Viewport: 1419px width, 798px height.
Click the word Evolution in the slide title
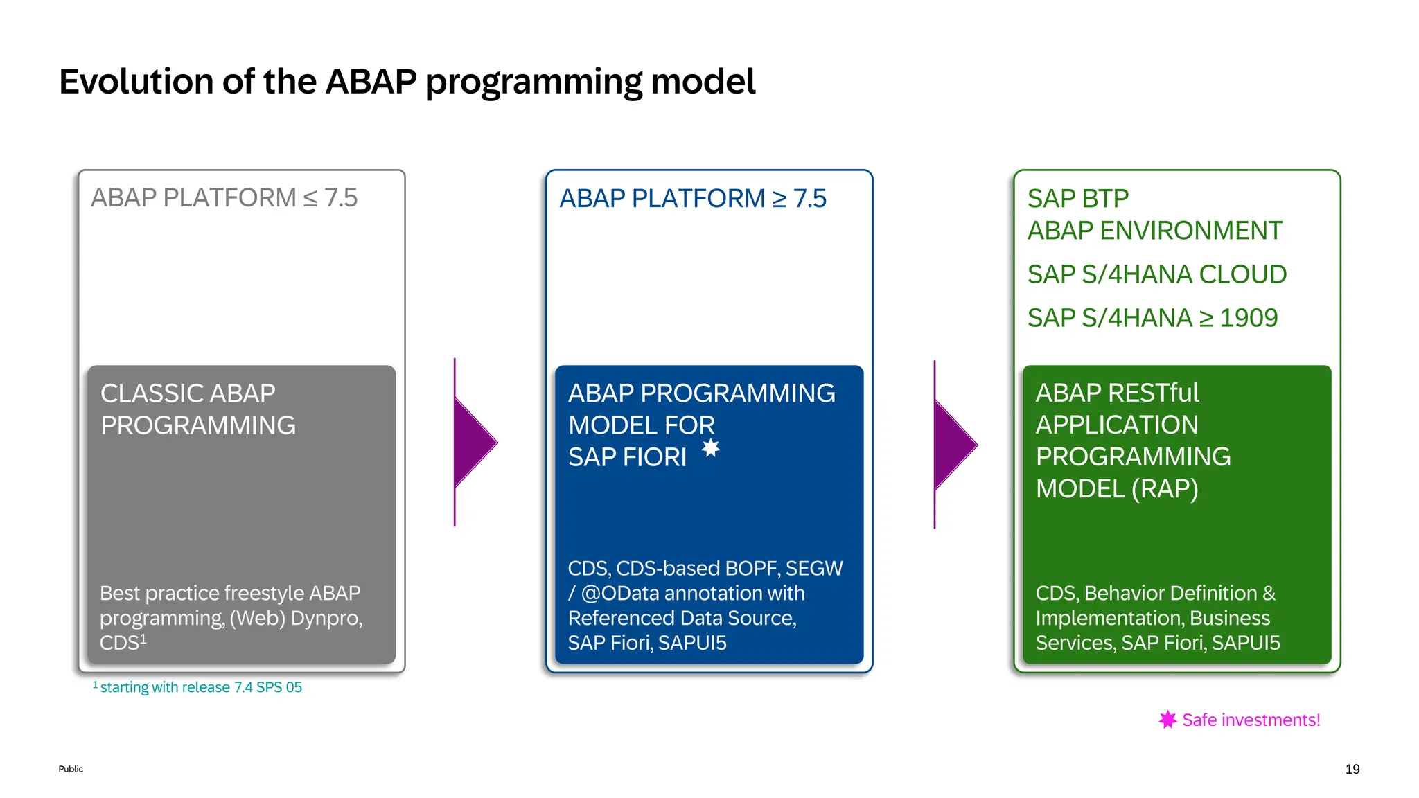(136, 82)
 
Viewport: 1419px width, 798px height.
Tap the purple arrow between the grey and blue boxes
(473, 442)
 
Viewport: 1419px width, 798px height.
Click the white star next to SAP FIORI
(711, 448)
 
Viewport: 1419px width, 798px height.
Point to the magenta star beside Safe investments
(1167, 720)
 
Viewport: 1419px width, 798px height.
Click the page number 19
(1352, 769)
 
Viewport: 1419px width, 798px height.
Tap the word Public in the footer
(71, 769)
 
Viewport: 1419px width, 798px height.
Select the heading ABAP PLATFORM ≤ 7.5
(224, 198)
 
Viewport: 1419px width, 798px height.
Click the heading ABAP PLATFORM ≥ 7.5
(692, 199)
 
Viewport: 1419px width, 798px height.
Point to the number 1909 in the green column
(1249, 318)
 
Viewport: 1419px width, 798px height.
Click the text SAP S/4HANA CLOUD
(1156, 274)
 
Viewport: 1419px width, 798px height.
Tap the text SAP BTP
(1077, 199)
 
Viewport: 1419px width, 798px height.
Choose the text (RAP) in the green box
(1165, 489)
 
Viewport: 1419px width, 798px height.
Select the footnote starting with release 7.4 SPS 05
(200, 687)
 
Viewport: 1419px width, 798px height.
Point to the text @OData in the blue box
(619, 594)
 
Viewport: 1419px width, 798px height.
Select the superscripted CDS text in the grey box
(122, 643)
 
